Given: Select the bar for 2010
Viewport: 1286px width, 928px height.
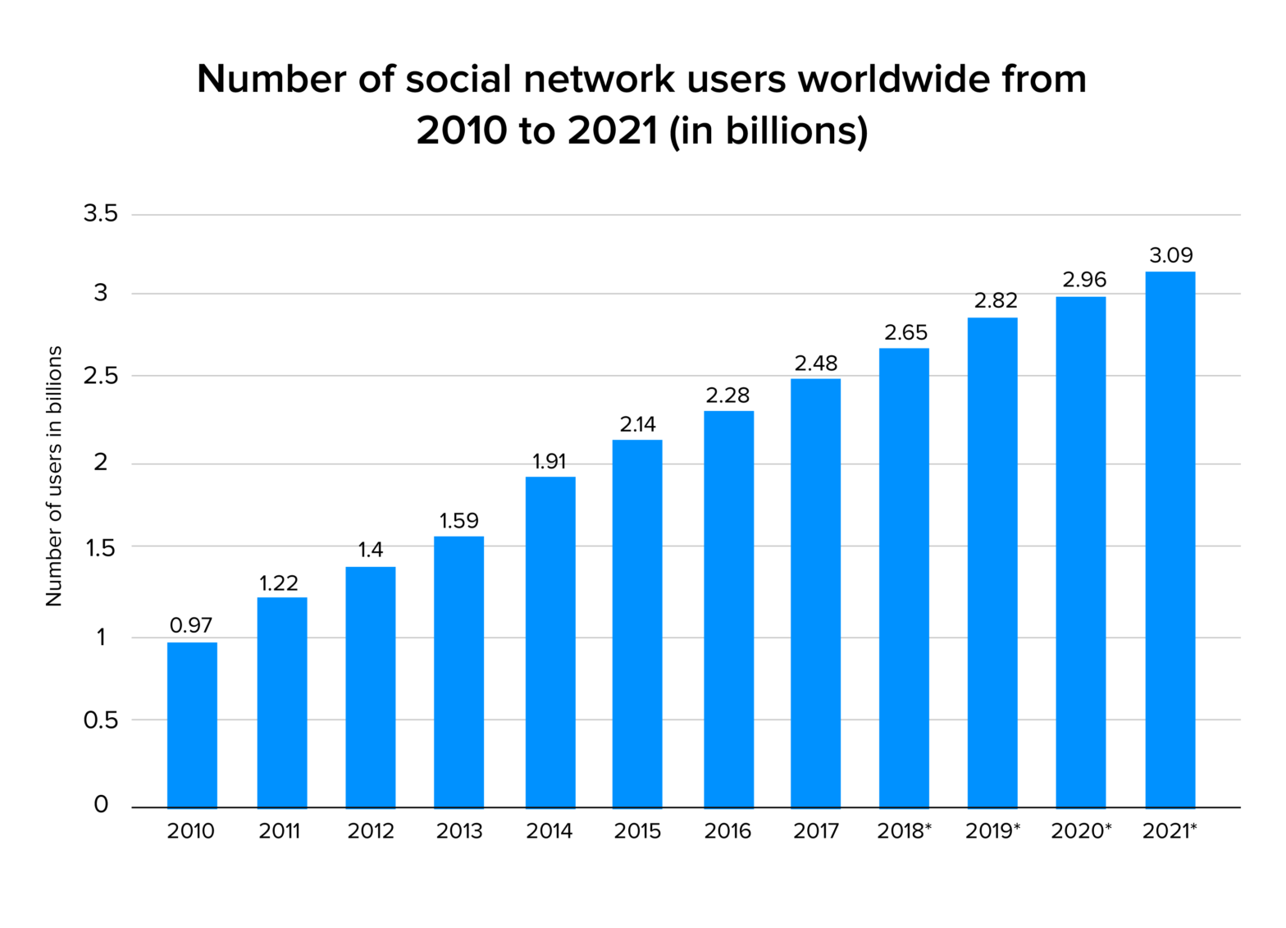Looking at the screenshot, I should (192, 725).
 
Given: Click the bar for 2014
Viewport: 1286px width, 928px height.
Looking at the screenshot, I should (550, 642).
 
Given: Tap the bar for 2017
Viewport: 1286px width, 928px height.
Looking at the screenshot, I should (815, 592).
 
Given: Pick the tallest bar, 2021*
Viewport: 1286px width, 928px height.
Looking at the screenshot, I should (1170, 539).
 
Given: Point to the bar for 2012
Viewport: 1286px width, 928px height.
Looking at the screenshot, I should (370, 687).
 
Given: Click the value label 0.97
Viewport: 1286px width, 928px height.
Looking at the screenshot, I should (191, 626).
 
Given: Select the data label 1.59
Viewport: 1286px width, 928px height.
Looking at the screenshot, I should (458, 521).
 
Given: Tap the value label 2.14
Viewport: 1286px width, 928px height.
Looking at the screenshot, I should (637, 424).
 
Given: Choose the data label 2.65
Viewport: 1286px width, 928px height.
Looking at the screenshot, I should (905, 332).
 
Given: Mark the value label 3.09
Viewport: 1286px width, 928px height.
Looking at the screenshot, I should (1170, 255).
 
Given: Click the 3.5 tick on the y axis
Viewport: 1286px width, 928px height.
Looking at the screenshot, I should (101, 214).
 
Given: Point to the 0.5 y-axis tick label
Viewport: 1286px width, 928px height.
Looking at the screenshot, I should (101, 720).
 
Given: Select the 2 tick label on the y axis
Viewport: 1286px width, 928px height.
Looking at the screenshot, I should (101, 463).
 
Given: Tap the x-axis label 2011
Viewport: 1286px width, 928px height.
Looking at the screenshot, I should (280, 831).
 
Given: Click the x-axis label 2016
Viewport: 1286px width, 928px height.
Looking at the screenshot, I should (727, 831).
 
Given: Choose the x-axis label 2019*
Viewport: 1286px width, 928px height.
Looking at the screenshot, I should (992, 831).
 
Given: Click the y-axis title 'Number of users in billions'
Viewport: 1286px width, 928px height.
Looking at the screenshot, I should (54, 476).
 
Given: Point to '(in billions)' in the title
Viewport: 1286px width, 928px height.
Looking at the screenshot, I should (768, 130).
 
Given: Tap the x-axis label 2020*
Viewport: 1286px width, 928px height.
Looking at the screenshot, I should (1081, 831).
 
